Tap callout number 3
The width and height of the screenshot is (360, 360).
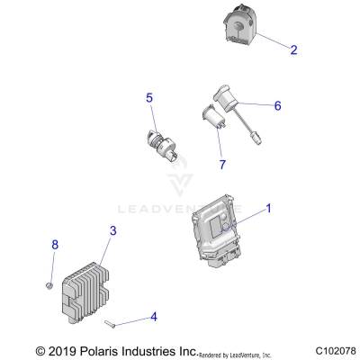112,231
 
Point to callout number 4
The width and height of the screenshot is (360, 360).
154,317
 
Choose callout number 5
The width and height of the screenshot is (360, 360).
149,98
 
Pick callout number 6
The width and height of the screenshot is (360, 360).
277,105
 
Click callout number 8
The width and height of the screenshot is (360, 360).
55,245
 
